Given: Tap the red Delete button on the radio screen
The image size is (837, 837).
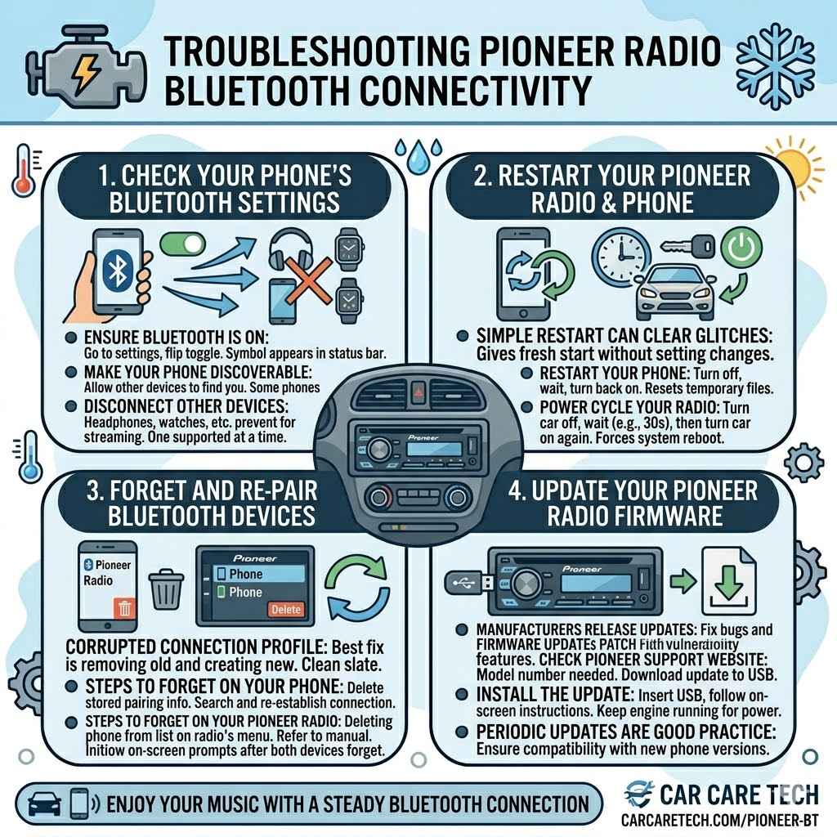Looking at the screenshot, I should (285, 610).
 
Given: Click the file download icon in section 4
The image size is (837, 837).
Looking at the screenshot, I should (729, 582).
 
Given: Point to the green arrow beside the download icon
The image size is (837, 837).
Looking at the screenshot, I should (677, 582).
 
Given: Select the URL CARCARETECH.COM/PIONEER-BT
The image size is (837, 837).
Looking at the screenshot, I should (720, 819).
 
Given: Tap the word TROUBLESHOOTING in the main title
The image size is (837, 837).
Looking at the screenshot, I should (310, 52).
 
